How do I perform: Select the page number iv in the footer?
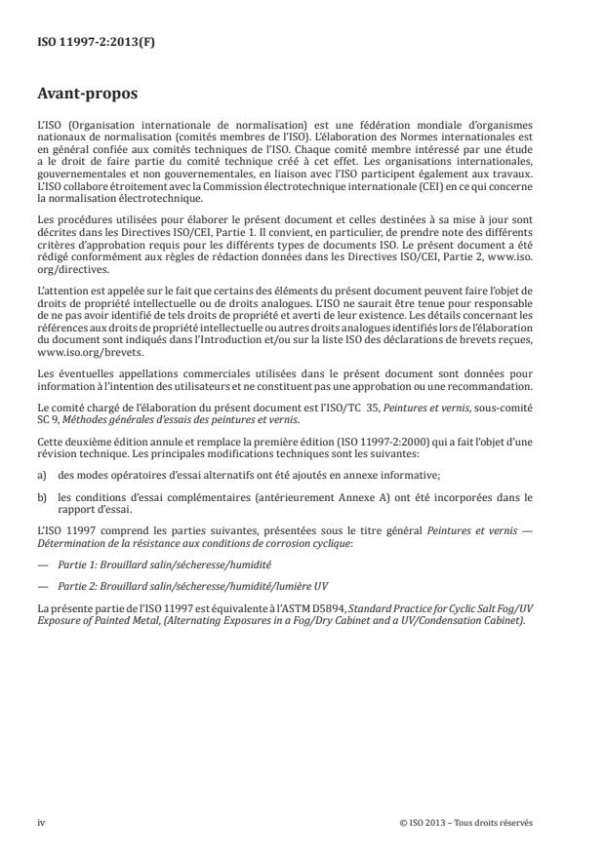coord(42,823)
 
